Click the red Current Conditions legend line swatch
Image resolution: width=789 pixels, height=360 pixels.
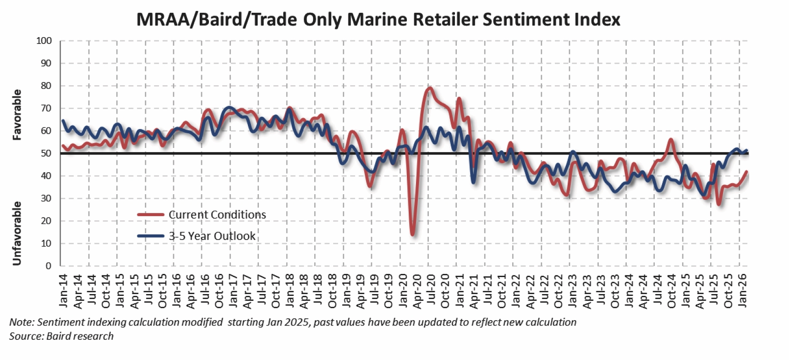tap(151, 214)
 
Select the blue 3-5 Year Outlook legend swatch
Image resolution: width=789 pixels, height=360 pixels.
tap(151, 236)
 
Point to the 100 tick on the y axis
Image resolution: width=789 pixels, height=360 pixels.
tap(44, 41)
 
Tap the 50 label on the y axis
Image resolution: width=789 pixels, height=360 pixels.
tap(46, 153)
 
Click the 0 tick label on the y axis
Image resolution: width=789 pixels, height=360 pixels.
tap(49, 266)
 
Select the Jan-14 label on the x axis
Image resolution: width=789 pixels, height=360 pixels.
tap(63, 291)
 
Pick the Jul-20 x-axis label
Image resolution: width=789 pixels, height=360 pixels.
tap(431, 291)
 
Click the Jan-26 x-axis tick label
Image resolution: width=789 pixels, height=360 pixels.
tap(743, 291)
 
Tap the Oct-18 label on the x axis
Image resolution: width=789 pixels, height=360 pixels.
tap(332, 291)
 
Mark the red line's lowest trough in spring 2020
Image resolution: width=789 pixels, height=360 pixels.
tap(413, 234)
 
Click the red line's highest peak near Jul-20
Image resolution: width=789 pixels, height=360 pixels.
tap(430, 88)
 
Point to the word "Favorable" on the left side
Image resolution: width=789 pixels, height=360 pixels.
tap(17, 115)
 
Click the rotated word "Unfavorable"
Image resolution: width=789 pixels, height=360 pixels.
tap(17, 234)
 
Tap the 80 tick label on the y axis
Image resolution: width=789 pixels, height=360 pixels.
tap(46, 86)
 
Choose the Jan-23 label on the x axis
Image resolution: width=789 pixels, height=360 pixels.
tap(573, 291)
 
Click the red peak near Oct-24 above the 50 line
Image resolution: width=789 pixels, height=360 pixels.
tap(671, 139)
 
